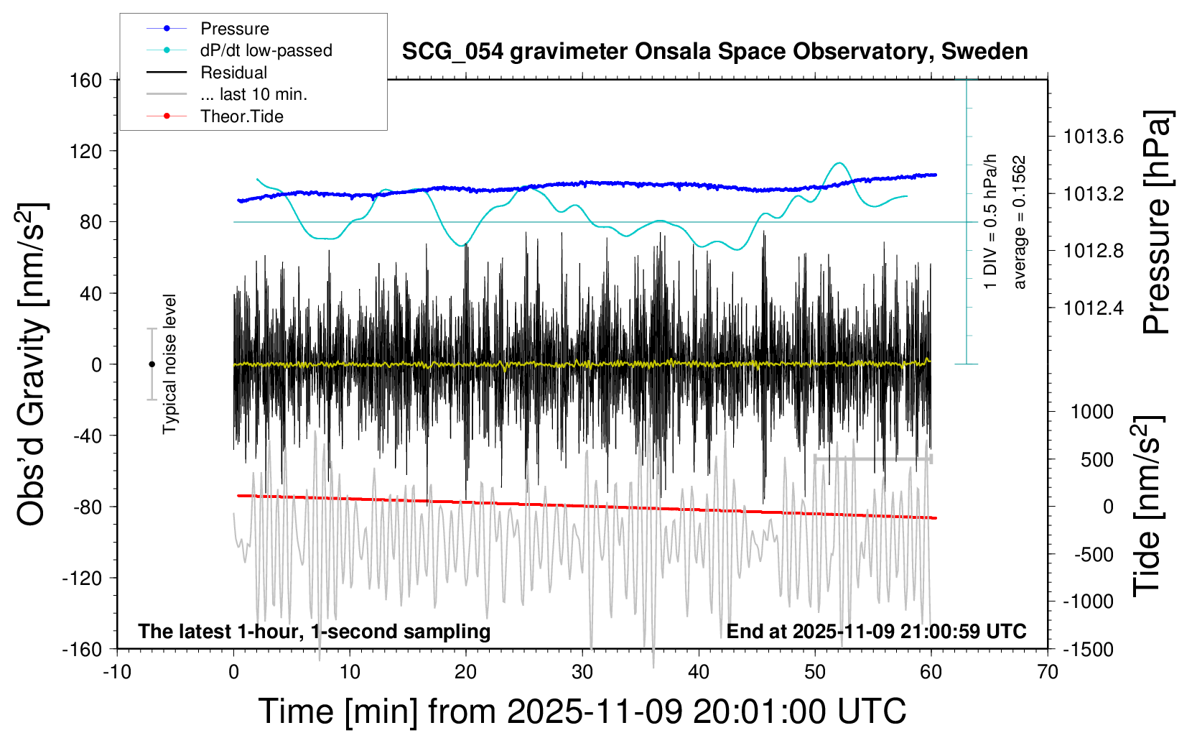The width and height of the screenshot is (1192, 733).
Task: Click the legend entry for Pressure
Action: point(234,29)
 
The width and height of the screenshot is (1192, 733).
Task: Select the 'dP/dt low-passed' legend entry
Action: point(266,50)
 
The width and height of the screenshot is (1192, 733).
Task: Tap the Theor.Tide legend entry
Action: point(241,116)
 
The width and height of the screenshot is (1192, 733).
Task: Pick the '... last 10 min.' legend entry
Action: point(253,94)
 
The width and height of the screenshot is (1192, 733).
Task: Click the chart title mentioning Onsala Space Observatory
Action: point(714,52)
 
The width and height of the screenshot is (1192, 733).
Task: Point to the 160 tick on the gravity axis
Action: point(86,80)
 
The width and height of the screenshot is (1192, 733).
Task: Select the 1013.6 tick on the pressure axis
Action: point(1094,137)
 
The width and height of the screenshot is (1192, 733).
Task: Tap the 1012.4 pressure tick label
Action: point(1094,308)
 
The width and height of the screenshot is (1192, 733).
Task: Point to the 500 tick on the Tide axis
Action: point(1097,459)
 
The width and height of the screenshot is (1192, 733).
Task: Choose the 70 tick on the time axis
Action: point(1048,673)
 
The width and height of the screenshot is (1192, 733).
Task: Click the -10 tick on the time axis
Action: point(117,673)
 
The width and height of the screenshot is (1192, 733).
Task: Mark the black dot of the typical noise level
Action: point(152,364)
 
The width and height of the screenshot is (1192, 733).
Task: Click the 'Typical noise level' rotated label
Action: point(169,364)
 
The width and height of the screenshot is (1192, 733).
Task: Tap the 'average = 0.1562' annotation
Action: point(1020,223)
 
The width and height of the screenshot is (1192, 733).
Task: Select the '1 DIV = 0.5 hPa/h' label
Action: point(991,221)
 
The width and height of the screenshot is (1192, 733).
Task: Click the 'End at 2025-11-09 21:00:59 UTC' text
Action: point(876,632)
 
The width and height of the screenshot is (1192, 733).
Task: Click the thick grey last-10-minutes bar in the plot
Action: point(872,458)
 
